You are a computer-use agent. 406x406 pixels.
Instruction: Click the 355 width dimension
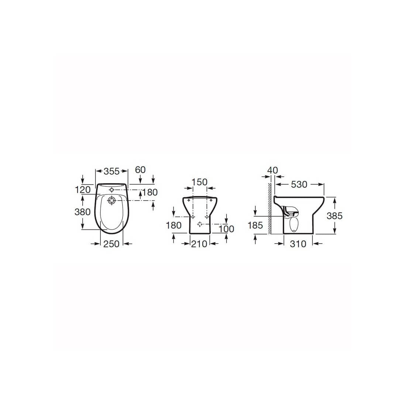[111, 171]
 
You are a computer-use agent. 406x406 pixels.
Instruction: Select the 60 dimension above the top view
[140, 170]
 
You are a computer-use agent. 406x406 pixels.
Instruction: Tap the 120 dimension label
[83, 190]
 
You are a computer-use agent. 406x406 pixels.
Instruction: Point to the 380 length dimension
[83, 212]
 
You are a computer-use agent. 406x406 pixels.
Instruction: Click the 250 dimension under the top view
[111, 244]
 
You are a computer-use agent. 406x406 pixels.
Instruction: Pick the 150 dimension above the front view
[199, 182]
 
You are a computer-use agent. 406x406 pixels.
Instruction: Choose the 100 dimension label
[226, 229]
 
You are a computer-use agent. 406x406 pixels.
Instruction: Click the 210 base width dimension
[199, 244]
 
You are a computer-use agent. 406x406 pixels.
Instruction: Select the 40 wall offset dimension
[272, 170]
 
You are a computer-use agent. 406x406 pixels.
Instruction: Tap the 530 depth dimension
[299, 184]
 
